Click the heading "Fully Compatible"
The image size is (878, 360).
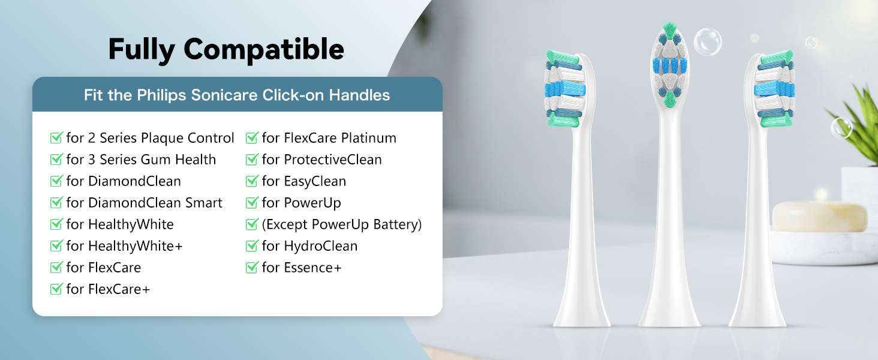click(x=226, y=49)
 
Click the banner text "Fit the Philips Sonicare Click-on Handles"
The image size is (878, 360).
click(x=237, y=95)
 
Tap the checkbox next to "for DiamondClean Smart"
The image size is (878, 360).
click(x=56, y=203)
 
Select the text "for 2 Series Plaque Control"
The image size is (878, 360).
click(x=150, y=138)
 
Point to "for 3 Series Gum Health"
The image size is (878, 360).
click(x=141, y=160)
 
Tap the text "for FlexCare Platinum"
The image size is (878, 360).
click(x=329, y=138)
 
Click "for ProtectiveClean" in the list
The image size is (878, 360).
click(x=321, y=160)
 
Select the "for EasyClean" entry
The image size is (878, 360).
click(x=303, y=181)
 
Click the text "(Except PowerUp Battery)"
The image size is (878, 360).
click(x=342, y=224)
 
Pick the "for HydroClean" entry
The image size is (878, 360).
click(x=309, y=246)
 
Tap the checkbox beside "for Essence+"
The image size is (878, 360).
click(x=252, y=268)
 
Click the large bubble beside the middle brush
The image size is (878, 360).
click(x=708, y=42)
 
